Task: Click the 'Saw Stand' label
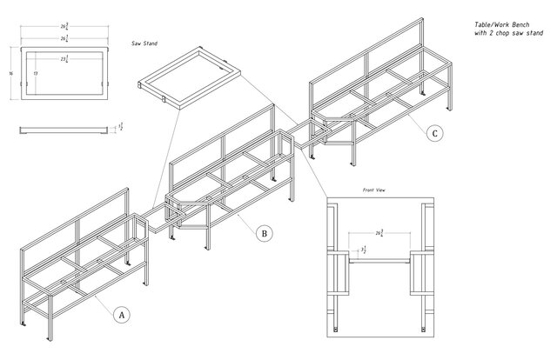(x=144, y=43)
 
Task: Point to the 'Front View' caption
(x=374, y=189)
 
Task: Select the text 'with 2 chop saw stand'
(x=509, y=34)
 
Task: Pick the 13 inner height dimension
(x=35, y=75)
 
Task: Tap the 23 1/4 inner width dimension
(x=64, y=60)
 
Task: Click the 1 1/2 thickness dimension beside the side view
(x=119, y=128)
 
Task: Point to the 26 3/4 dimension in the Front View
(x=379, y=233)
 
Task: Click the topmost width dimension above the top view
(x=64, y=26)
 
